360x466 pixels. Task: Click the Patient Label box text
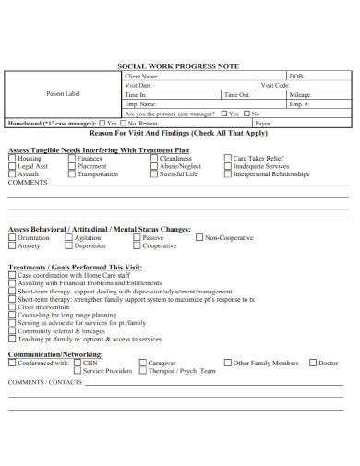(61, 94)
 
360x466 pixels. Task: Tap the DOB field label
(295, 76)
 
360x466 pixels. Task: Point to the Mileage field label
(301, 94)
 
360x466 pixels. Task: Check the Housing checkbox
(12, 158)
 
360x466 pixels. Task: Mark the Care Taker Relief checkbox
(227, 158)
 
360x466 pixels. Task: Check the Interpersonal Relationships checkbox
(227, 173)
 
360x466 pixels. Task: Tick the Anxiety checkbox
(12, 246)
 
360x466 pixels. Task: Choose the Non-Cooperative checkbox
(198, 238)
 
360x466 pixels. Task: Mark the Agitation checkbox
(69, 238)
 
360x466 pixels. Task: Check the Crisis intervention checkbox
(12, 306)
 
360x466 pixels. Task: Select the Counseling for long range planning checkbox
(12, 315)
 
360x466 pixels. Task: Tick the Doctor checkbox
(311, 363)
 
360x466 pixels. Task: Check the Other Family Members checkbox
(227, 363)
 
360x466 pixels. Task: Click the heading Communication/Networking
(55, 353)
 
